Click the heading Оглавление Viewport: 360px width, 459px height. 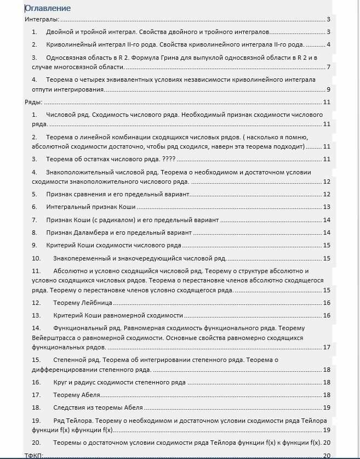(48, 8)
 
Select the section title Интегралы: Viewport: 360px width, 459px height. (42, 20)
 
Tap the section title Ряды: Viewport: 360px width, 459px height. (33, 102)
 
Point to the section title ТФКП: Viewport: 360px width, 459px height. (34, 455)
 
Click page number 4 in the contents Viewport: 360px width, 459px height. (328, 45)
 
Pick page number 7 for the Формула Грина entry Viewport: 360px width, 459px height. (328, 67)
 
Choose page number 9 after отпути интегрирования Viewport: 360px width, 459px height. (328, 90)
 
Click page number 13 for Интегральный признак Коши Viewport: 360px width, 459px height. (327, 207)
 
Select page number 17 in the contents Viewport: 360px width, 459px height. (327, 347)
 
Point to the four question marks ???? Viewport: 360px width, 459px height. (169, 160)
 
